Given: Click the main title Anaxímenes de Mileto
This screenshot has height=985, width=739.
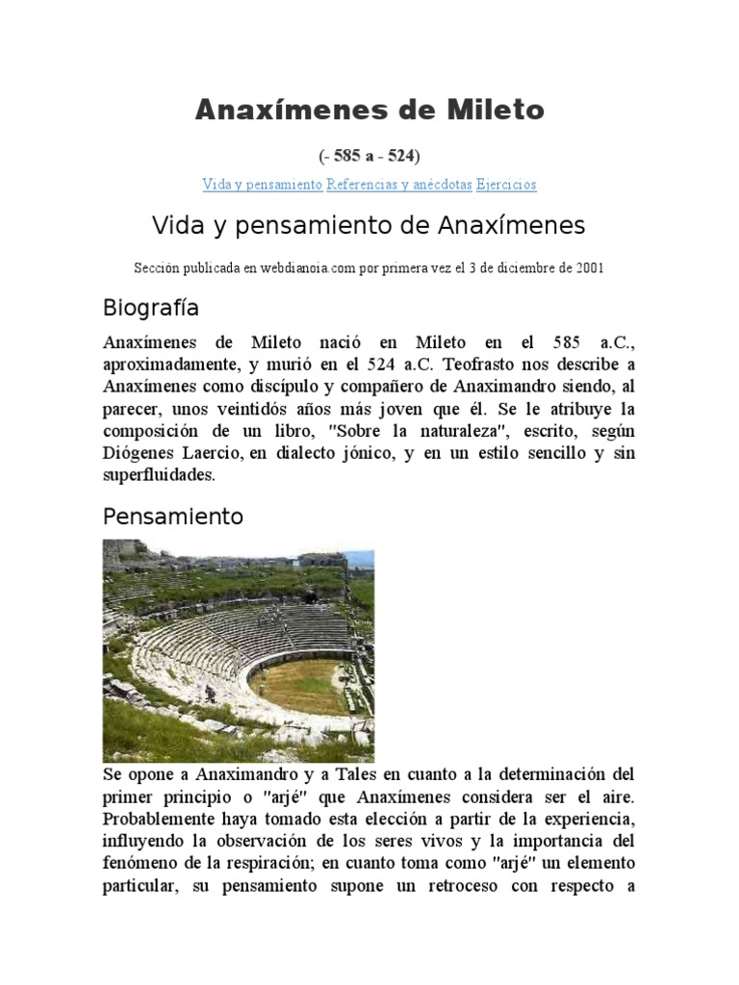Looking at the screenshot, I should point(369,111).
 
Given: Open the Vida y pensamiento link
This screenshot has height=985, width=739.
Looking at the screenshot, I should point(262,184).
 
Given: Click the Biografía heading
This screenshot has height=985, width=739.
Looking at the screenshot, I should point(150,309).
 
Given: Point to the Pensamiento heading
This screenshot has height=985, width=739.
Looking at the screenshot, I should point(173,517).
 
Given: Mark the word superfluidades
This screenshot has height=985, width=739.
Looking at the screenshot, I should point(159,475).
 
